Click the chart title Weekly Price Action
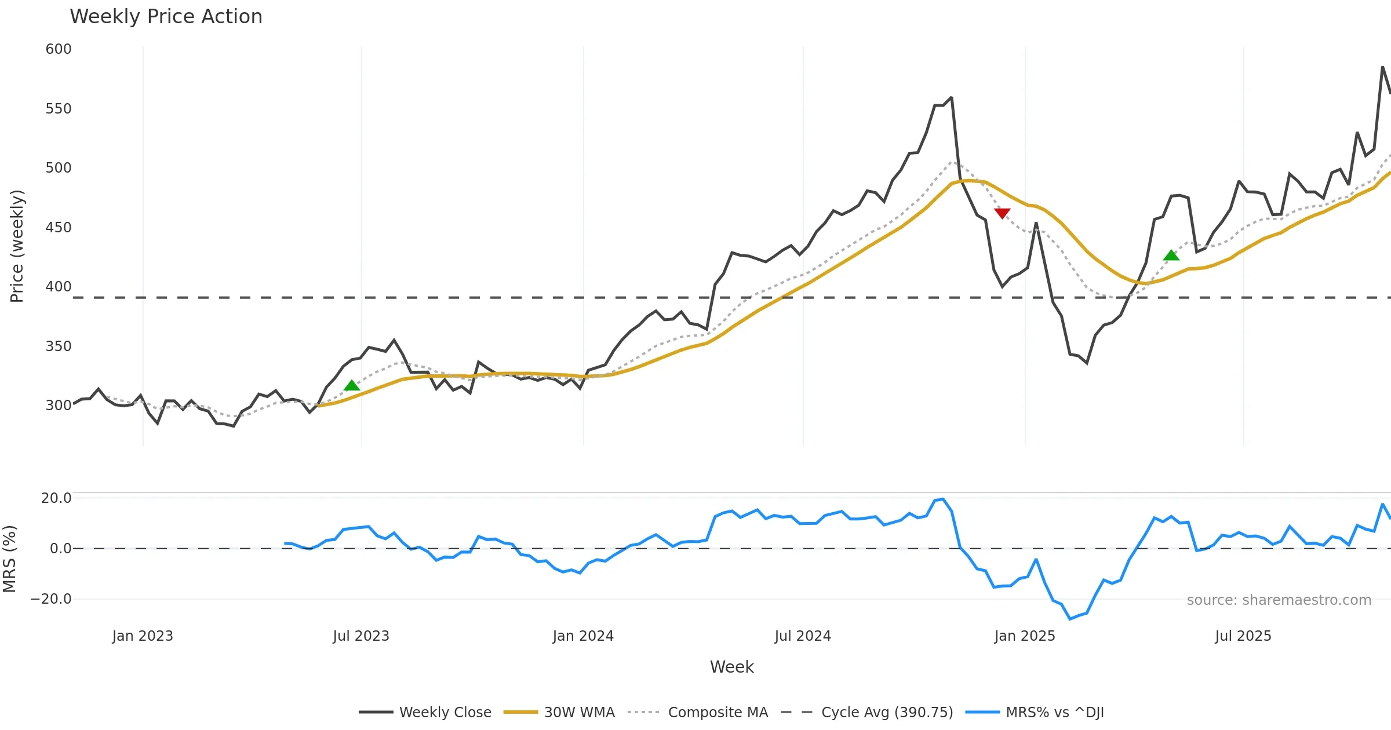[166, 17]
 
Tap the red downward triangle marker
[1002, 213]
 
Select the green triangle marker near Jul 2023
[352, 385]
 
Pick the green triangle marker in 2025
[1171, 256]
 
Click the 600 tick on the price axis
[59, 49]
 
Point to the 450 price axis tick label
[59, 227]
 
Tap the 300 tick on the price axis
[59, 405]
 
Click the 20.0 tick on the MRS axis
[56, 498]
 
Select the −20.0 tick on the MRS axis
[51, 599]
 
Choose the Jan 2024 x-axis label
[583, 636]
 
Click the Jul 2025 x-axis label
[1243, 636]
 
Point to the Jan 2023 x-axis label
[143, 636]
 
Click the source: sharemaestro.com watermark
[1279, 600]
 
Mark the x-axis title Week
[731, 667]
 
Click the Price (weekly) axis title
[17, 246]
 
